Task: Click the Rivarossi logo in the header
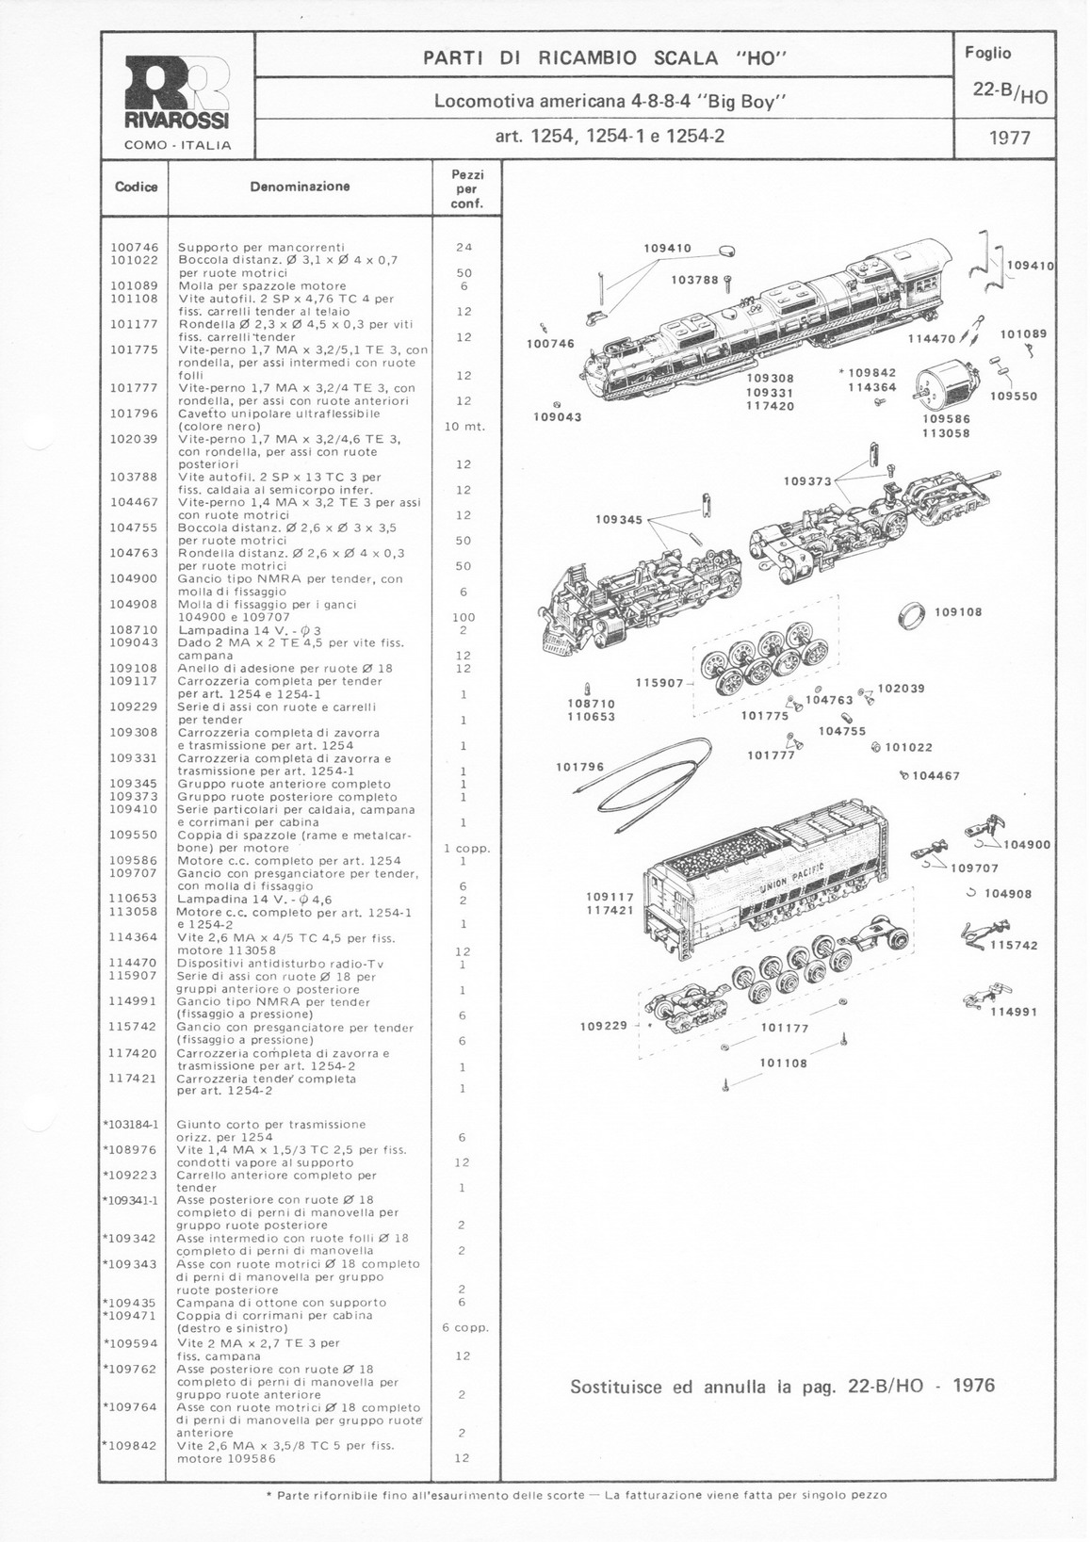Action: click(177, 93)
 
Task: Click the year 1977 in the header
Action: click(1009, 138)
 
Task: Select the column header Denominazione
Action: click(300, 187)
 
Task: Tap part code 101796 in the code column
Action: click(134, 414)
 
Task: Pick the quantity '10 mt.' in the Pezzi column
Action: click(464, 427)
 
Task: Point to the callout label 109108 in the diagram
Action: click(958, 612)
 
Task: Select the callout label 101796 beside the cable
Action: click(580, 767)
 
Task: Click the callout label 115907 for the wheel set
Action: click(659, 682)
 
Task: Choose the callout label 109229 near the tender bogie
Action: click(604, 1026)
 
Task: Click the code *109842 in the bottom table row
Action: click(131, 1445)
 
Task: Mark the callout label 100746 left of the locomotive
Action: click(550, 344)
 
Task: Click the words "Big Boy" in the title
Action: click(749, 101)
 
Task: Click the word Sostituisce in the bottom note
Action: click(617, 1386)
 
